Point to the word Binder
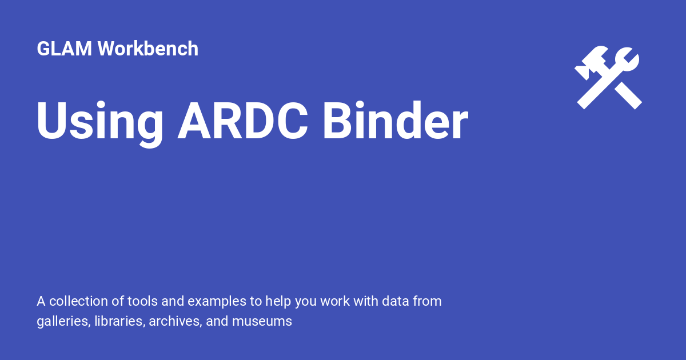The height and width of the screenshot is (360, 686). pyautogui.click(x=395, y=122)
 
